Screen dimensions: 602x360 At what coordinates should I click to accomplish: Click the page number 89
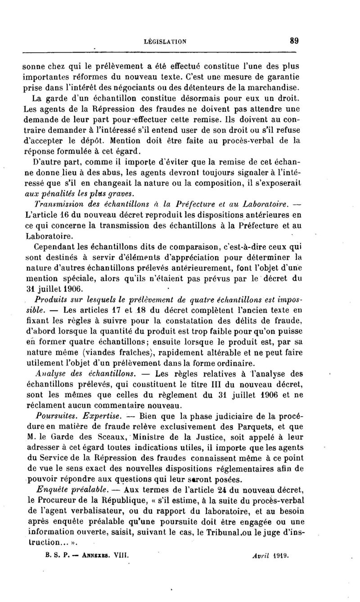pos(294,40)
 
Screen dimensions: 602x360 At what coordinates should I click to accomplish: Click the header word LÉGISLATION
pos(165,41)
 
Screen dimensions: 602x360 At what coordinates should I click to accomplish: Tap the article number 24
pos(208,489)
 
